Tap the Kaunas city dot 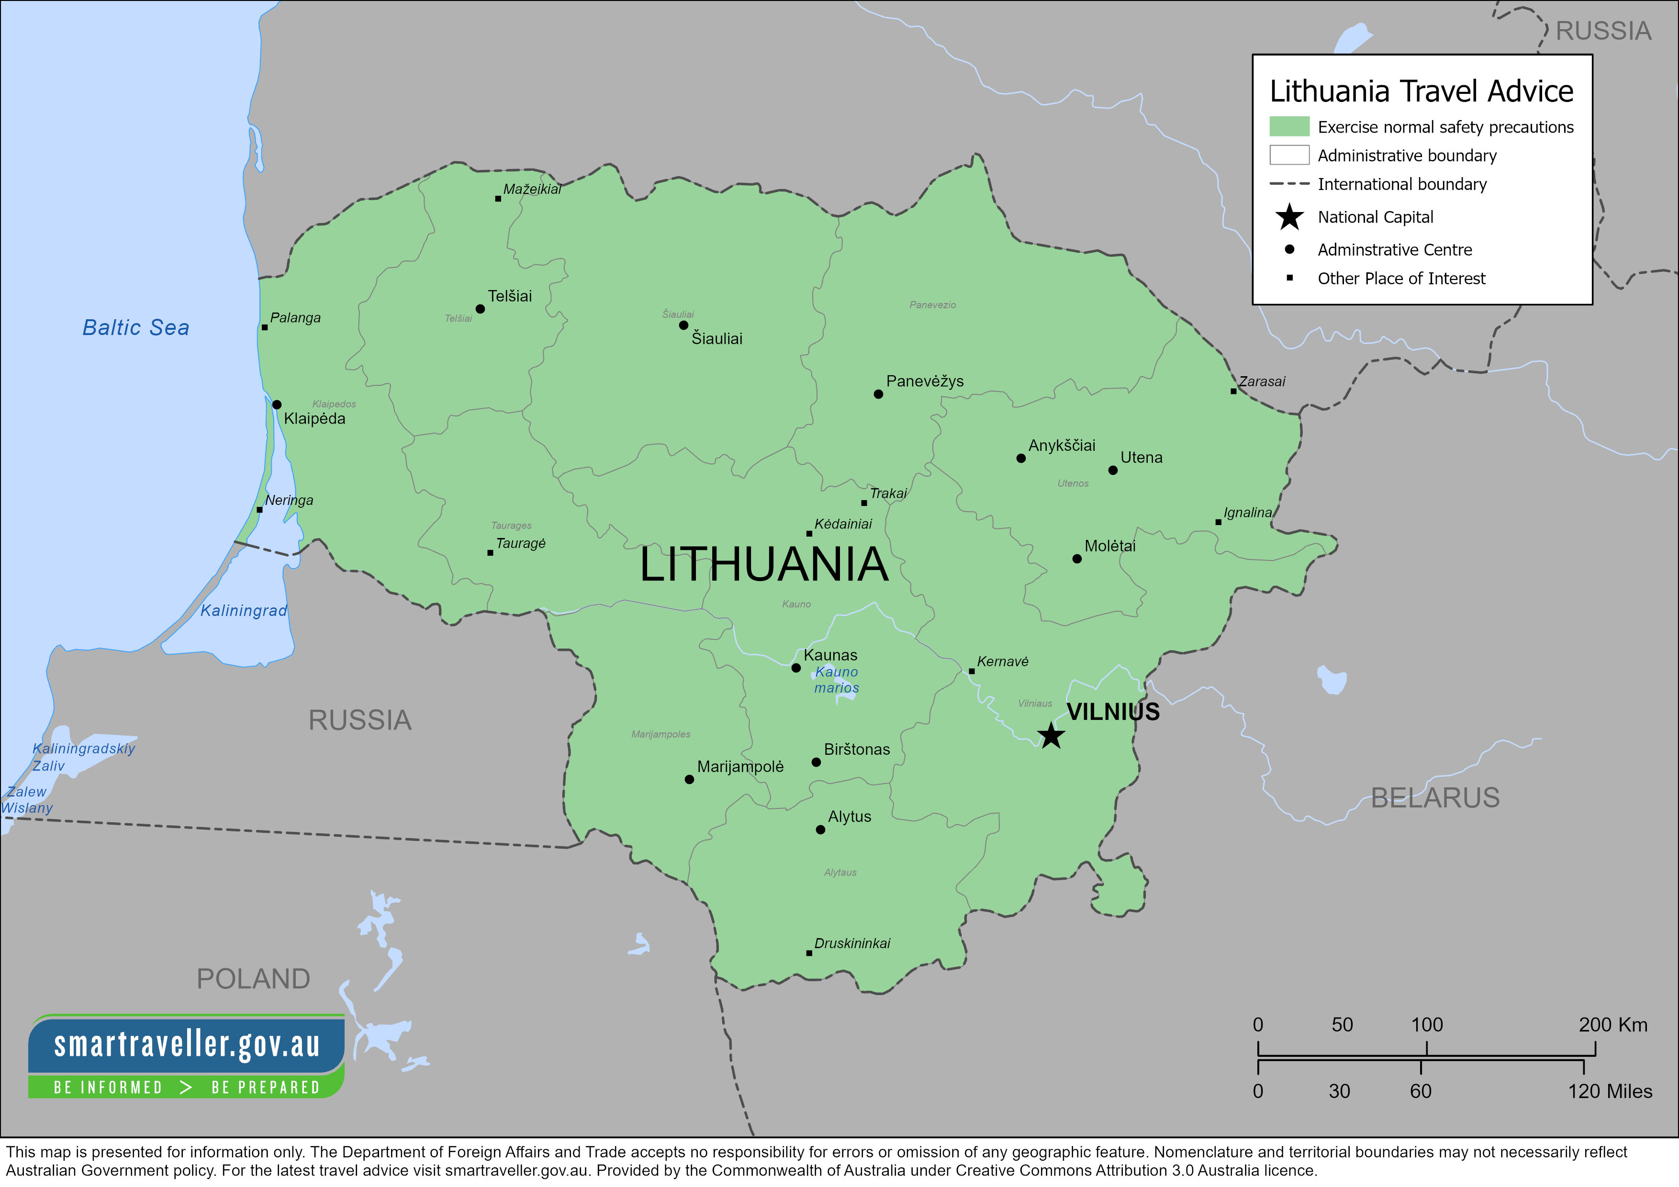(795, 668)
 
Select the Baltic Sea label (135, 328)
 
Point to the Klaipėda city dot (277, 404)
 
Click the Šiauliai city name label (716, 338)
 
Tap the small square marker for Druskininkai (809, 953)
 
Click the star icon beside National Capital (1289, 217)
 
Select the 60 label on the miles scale (1420, 1091)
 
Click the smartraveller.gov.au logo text (187, 1044)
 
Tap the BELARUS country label (1435, 798)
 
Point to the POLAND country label (253, 979)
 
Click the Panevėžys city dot (878, 394)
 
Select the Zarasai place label (1262, 381)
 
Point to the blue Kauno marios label (837, 680)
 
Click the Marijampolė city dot (689, 780)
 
